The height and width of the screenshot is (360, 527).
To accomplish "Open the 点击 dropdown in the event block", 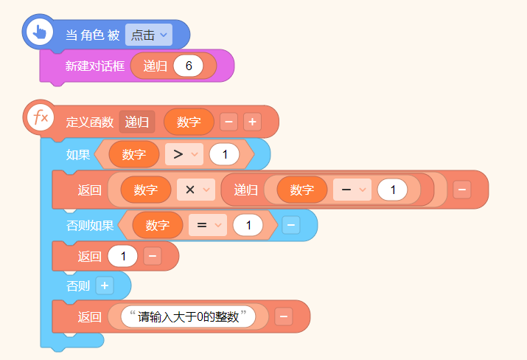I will coord(148,35).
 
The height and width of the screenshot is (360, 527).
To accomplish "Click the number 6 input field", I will coord(189,66).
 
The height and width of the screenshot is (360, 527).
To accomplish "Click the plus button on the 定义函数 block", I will coord(252,122).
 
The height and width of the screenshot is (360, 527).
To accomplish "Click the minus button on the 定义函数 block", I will coord(229,122).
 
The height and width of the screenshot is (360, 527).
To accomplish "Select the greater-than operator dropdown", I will coord(184,154).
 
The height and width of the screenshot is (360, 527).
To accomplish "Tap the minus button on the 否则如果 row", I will coord(290,225).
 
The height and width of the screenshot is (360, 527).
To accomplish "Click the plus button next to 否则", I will coord(104,285).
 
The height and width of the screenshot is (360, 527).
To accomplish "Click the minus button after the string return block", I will coord(284,316).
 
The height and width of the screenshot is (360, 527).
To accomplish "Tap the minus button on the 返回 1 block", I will coord(152,257).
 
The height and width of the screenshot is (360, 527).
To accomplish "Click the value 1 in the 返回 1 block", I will coord(122,257).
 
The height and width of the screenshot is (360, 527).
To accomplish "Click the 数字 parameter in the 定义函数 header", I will coord(189,122).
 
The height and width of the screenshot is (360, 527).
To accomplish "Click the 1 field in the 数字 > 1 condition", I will coord(225,154).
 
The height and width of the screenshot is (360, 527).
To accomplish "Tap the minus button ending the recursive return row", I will coord(462,190).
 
